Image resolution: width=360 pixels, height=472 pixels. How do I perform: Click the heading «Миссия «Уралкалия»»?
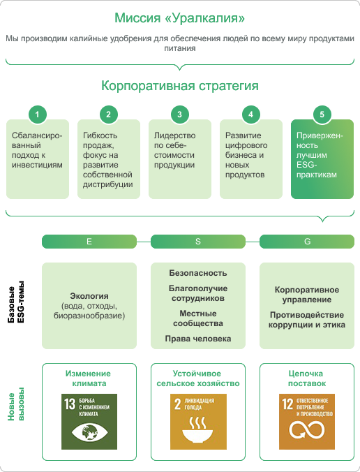pos(179,17)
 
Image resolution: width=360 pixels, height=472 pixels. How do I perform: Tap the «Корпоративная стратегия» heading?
pos(180,85)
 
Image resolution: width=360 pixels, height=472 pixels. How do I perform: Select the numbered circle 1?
pos(37,115)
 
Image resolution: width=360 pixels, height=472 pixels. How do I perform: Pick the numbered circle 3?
pos(179,115)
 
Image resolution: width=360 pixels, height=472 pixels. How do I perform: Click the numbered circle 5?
pos(322,115)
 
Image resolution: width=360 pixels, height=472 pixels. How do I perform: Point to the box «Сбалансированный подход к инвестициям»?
pos(38,159)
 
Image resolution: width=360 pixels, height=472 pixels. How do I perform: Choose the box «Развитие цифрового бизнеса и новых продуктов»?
pos(251,159)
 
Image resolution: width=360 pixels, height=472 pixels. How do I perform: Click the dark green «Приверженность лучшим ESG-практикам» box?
pos(322,159)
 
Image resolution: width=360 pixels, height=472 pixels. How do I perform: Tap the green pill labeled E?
pos(89,242)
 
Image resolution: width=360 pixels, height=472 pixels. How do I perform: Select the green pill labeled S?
pos(198,242)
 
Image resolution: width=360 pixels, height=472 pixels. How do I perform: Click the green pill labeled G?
pos(307,242)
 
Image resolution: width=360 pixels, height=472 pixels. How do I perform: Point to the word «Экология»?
pos(89,296)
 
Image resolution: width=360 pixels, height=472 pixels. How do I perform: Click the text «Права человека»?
pos(198,339)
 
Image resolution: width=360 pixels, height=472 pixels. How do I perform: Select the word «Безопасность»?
pos(198,273)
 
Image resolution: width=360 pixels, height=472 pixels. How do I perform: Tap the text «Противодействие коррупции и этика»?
pos(307,320)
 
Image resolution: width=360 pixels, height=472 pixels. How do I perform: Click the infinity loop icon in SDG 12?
pos(307,429)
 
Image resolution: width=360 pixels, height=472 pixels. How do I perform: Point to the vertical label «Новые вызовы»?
pos(15,404)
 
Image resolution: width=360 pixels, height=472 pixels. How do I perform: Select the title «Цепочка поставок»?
pos(307,378)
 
